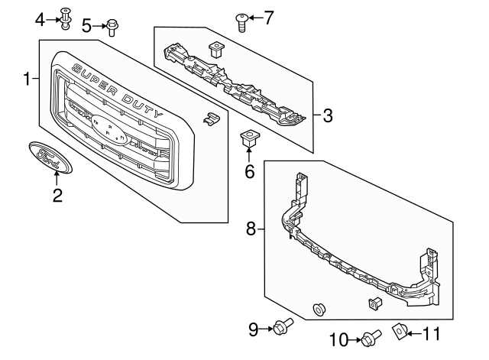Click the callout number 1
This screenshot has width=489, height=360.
pos(27,79)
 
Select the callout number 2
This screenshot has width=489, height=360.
pos(57,196)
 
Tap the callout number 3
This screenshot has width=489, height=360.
pos(327,116)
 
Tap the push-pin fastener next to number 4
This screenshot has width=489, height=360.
pos(66,15)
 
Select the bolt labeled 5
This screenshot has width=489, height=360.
pos(111,27)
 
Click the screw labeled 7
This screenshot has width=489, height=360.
pos(241,21)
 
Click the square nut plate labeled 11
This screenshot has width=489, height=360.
pos(398,331)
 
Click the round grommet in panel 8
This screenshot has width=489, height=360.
pos(319,309)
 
